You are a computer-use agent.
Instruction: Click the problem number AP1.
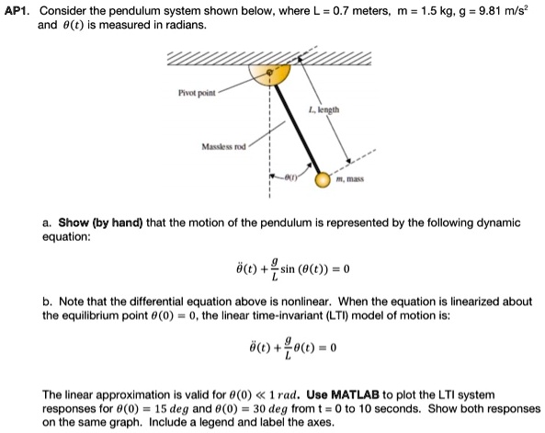coord(17,9)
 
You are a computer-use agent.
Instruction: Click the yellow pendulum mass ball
coord(322,180)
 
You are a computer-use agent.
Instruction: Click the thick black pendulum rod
coord(296,128)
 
